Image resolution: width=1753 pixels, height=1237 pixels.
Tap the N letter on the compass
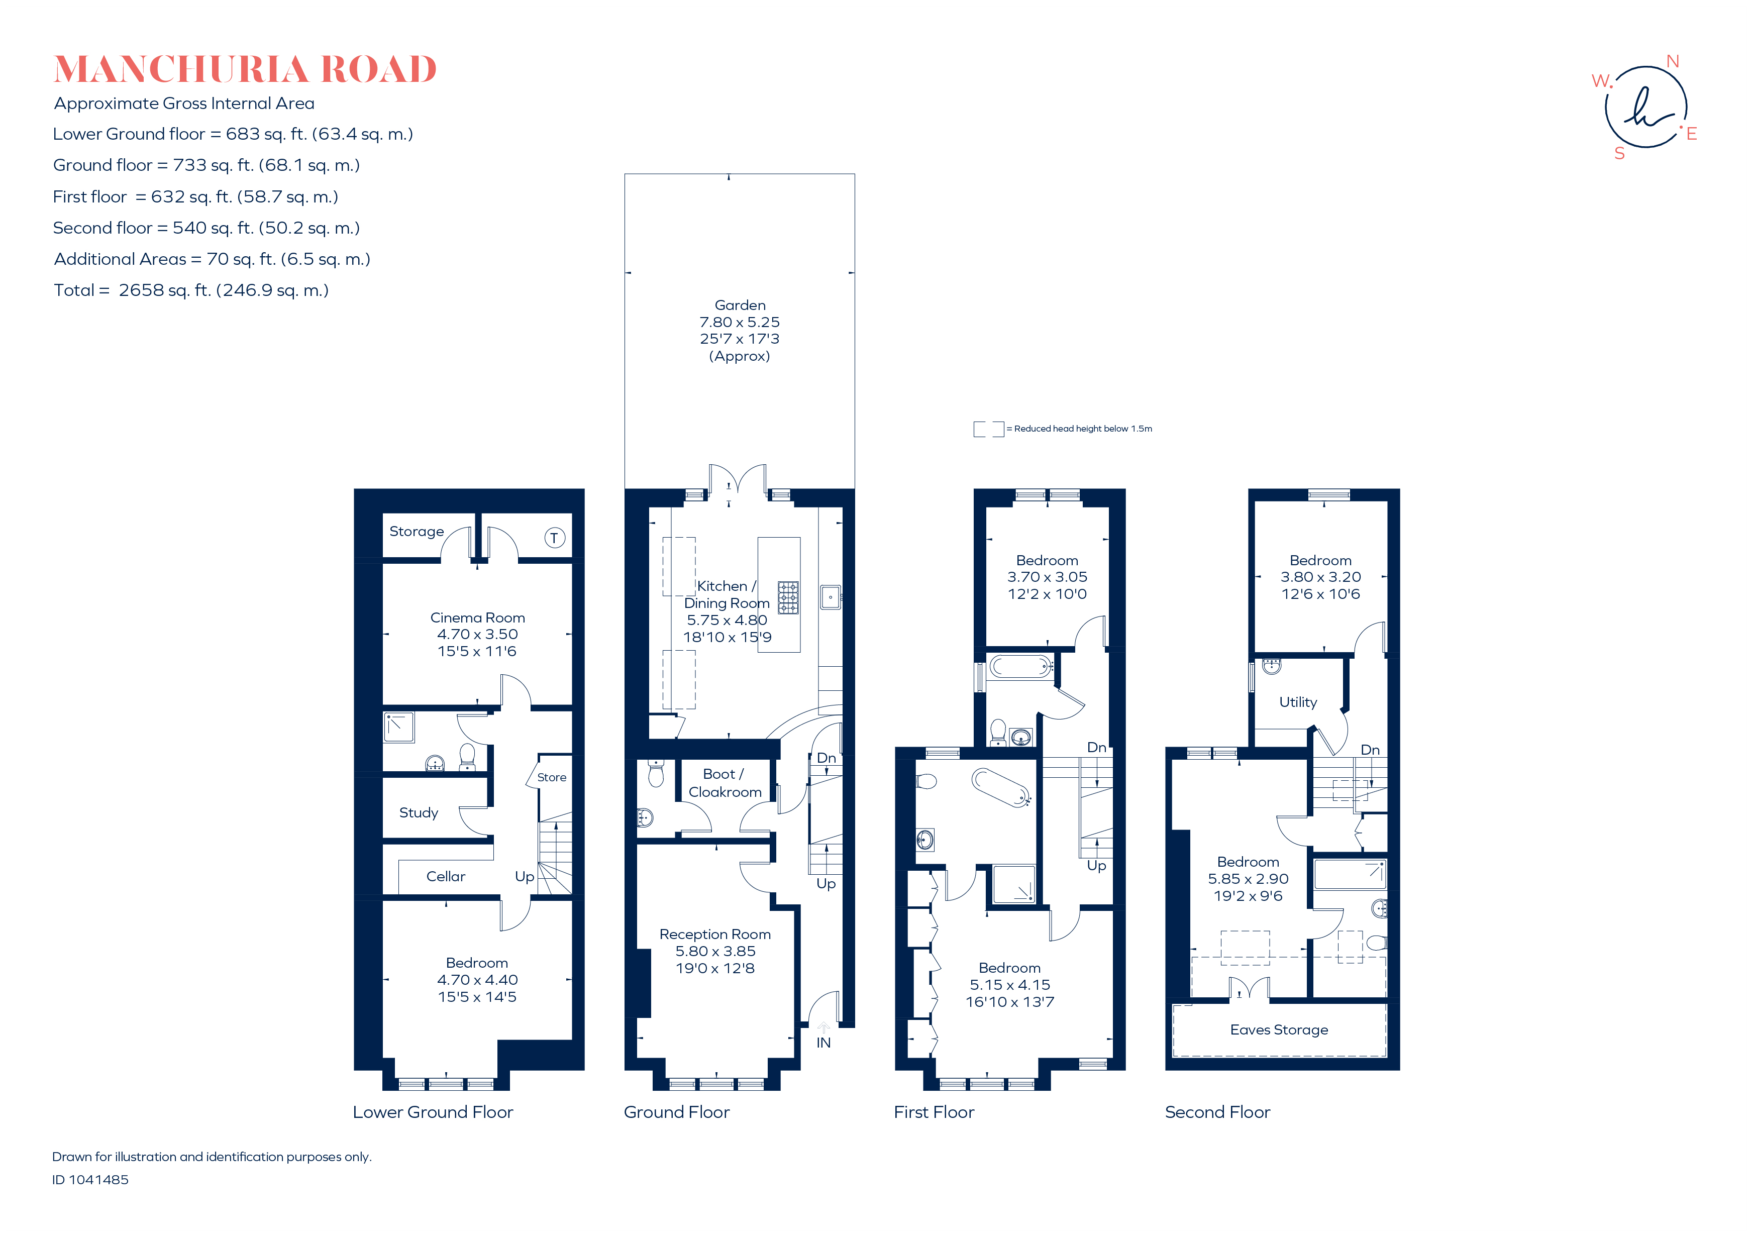[x=1672, y=61]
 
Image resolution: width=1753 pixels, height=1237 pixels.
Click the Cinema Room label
[x=477, y=617]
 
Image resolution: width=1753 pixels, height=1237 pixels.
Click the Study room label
[x=419, y=812]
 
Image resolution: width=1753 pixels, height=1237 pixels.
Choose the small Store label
[x=551, y=777]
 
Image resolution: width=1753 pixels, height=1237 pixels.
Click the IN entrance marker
[x=823, y=1042]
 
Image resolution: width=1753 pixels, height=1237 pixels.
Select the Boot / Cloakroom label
[x=725, y=783]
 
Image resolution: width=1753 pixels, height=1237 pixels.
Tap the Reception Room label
[x=714, y=934]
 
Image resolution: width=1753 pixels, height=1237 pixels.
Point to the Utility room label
[x=1298, y=702]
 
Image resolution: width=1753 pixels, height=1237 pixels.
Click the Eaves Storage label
[x=1279, y=1029]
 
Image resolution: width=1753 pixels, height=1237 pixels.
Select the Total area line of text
[x=191, y=290]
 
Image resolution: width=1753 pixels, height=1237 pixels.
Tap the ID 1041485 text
[x=90, y=1180]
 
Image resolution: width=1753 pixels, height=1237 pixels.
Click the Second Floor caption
[x=1217, y=1112]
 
